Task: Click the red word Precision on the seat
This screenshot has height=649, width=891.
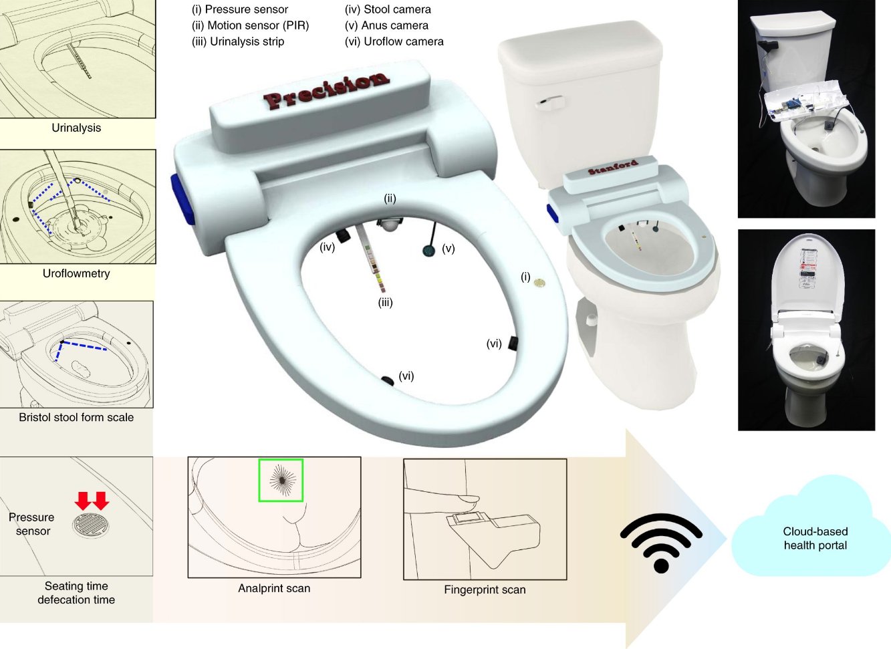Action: (326, 90)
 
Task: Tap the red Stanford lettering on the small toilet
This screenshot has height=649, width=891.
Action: (613, 167)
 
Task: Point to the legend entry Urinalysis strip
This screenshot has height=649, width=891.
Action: (238, 41)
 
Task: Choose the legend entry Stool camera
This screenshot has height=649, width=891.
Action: (388, 9)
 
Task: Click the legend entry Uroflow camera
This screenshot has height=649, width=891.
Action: (394, 41)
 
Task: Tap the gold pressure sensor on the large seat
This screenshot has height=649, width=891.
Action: (539, 283)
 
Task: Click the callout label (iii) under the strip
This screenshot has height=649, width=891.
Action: (385, 303)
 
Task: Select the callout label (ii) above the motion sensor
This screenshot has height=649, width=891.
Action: (390, 199)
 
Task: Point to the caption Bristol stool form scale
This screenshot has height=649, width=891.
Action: (76, 417)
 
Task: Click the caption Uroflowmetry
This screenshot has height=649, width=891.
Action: (76, 273)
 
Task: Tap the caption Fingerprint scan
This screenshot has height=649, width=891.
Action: (485, 590)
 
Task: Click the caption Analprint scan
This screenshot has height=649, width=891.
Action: (274, 588)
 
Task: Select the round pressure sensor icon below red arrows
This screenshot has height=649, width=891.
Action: (91, 525)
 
